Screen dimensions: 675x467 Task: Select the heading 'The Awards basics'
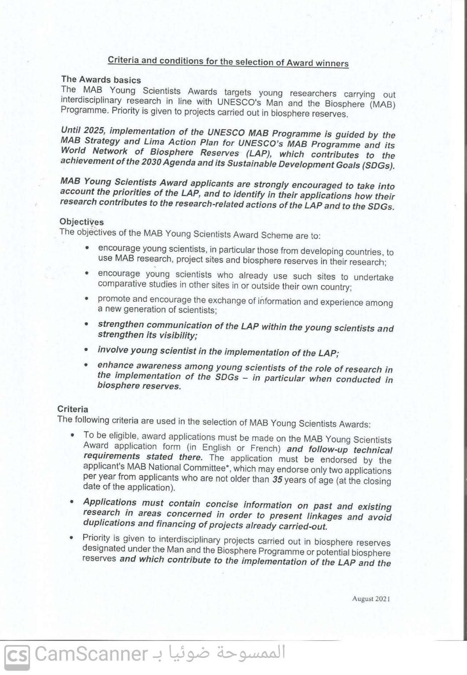[101, 80]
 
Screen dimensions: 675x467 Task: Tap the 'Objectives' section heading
[81, 222]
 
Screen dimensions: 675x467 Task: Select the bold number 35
[277, 479]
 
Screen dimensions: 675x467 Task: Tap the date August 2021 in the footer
[371, 599]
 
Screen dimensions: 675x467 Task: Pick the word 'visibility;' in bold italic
[175, 336]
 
